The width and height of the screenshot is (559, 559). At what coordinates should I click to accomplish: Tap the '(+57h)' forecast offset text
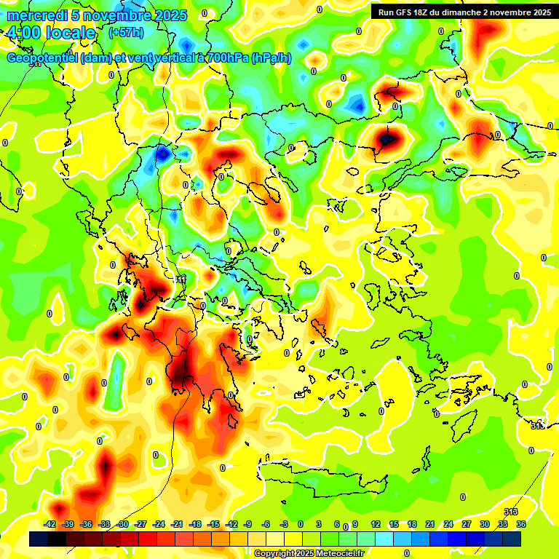tap(126, 33)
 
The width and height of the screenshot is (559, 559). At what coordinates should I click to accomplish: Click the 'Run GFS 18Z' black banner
tap(464, 12)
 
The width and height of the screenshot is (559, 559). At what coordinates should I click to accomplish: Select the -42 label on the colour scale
tap(50, 524)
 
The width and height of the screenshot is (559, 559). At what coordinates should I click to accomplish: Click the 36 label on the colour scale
tap(521, 524)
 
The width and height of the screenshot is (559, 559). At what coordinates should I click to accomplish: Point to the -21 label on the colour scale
tap(177, 524)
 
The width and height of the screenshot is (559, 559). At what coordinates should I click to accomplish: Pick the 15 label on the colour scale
tap(394, 524)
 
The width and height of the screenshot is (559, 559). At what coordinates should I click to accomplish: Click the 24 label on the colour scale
tap(448, 524)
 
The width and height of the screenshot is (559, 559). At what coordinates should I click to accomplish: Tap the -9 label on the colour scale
tap(247, 524)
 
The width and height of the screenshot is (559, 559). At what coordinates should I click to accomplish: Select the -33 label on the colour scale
tap(105, 524)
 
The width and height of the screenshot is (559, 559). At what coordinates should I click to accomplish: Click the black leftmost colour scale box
tap(39, 539)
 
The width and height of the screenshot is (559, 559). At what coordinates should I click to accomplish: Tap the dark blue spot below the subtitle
tap(162, 154)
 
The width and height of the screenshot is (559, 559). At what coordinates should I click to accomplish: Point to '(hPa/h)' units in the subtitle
tap(271, 58)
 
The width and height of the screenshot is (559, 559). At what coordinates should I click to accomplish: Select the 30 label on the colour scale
tap(485, 524)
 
